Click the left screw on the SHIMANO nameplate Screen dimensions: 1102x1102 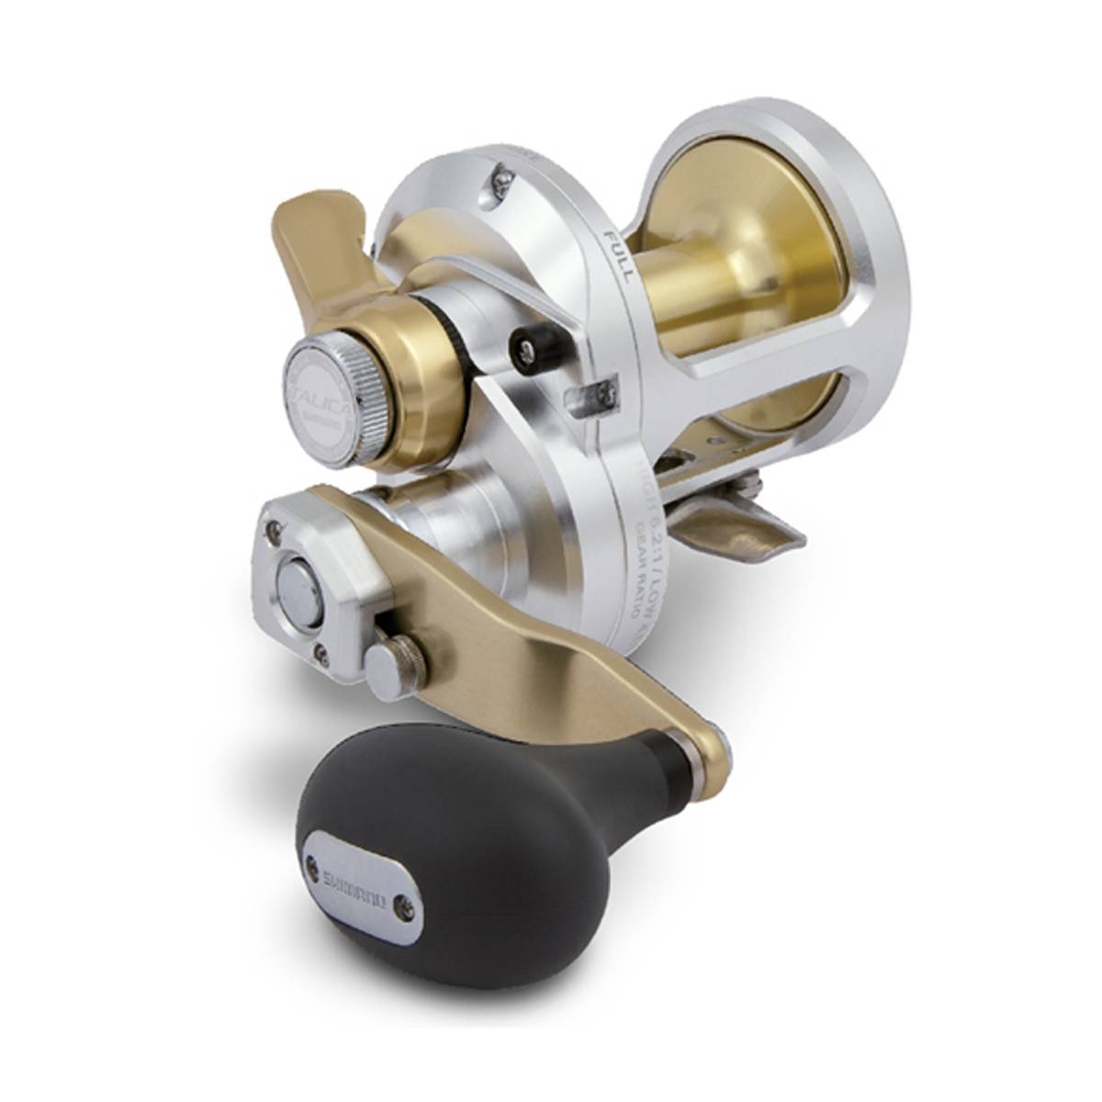[x=312, y=864]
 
